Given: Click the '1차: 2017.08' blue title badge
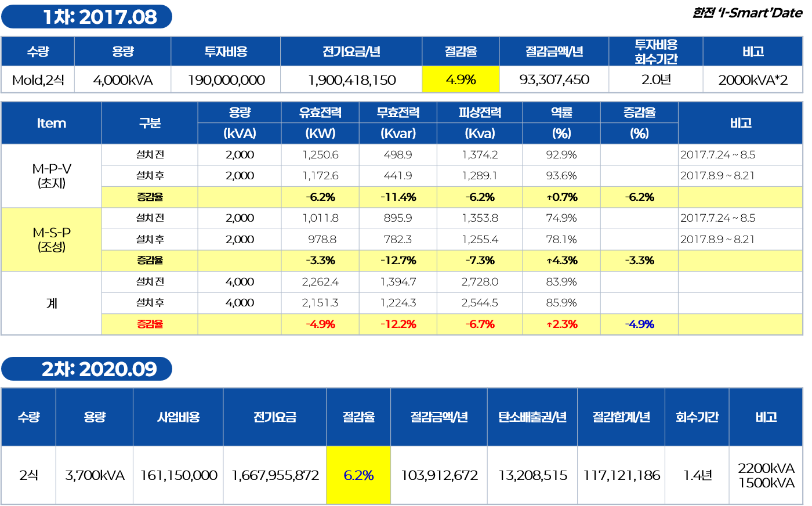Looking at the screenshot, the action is click(x=86, y=17).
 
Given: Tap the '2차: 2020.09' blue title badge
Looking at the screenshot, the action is click(x=86, y=369).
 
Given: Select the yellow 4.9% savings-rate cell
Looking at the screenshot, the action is click(x=461, y=79).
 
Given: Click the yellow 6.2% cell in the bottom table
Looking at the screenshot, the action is click(x=358, y=475).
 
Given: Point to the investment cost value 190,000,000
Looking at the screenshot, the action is click(x=226, y=80).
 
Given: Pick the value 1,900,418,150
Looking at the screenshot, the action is click(x=351, y=80).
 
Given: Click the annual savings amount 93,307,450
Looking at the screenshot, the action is click(x=554, y=79).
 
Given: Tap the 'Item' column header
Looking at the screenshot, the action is click(x=52, y=124).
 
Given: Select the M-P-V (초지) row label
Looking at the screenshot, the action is click(x=52, y=176).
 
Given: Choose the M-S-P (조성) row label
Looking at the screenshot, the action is click(x=52, y=240).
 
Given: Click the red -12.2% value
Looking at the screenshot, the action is click(x=398, y=324).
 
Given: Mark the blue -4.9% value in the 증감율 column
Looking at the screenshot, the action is click(x=639, y=324).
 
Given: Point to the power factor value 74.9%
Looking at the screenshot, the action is click(x=561, y=218).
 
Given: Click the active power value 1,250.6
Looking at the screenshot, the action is click(x=320, y=155).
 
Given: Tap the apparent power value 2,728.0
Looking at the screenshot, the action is click(x=480, y=282).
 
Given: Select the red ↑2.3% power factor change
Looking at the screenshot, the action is click(x=561, y=324).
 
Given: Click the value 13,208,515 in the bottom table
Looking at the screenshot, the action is click(x=532, y=475).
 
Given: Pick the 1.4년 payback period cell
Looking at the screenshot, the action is click(x=697, y=475).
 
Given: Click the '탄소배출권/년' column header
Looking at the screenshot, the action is click(x=532, y=417).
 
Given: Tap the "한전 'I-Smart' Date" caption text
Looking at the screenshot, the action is click(x=747, y=13).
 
